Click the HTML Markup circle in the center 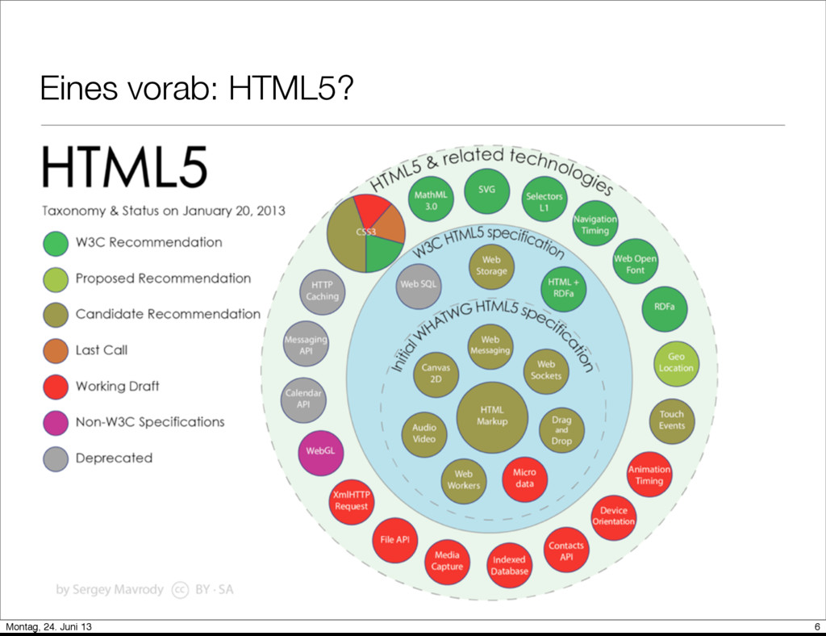tap(492, 416)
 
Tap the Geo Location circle tap(675, 362)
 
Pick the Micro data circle tap(524, 479)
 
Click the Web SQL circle tap(419, 284)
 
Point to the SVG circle tap(486, 190)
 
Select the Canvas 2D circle tap(436, 373)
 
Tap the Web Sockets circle tap(546, 370)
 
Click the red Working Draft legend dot tap(55, 386)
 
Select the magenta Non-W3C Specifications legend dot tap(55, 422)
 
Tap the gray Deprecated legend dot tap(55, 458)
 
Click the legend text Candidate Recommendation tap(168, 314)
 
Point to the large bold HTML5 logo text tap(125, 168)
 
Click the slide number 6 tap(817, 628)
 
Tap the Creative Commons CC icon tap(180, 589)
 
